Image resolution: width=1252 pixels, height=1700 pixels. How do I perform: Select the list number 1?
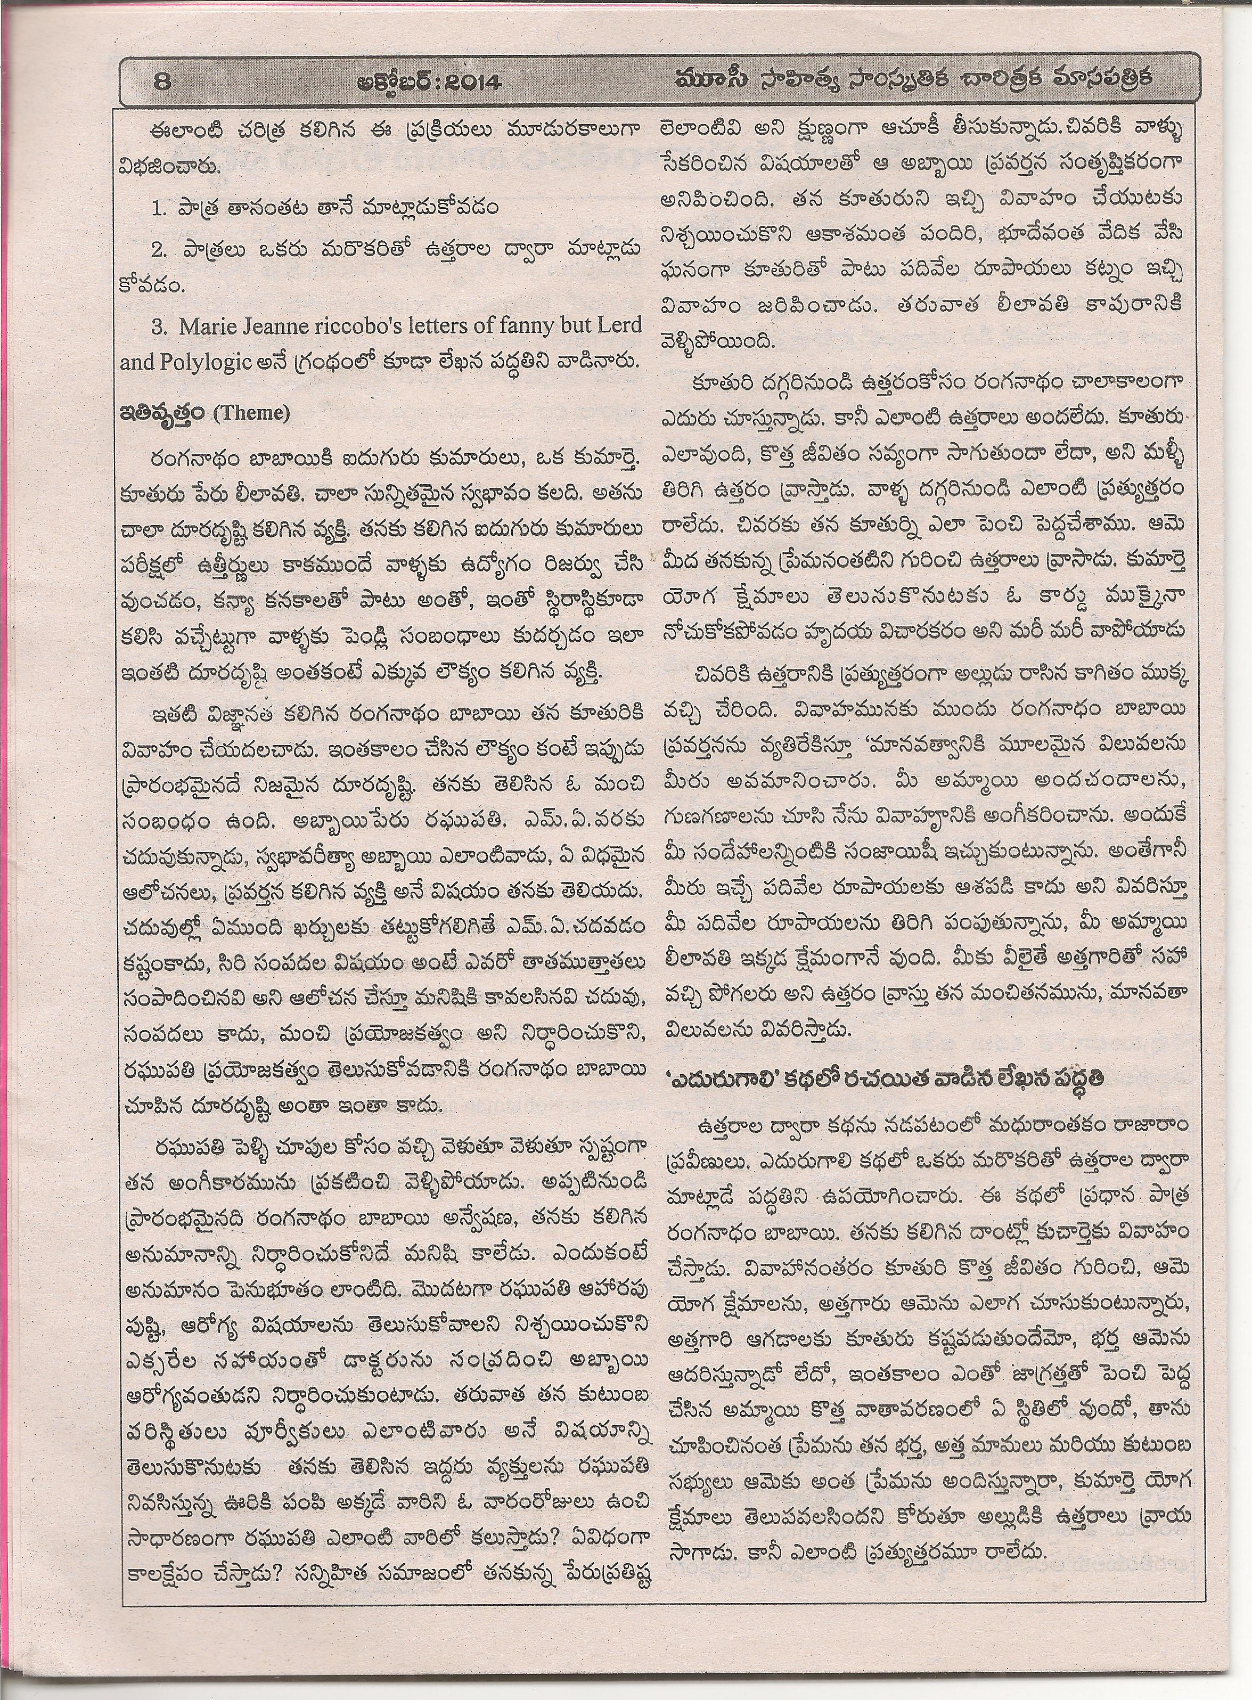(x=158, y=208)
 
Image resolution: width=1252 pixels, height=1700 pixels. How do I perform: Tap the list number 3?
(x=158, y=326)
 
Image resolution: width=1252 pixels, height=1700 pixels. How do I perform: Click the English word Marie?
(x=208, y=326)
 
